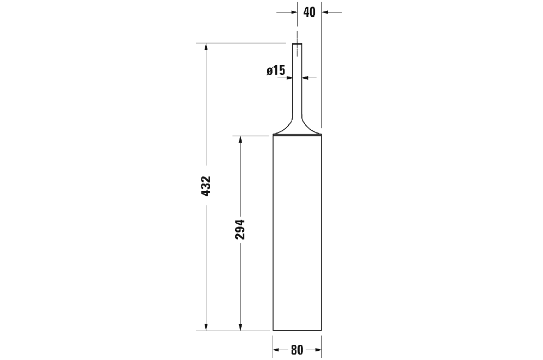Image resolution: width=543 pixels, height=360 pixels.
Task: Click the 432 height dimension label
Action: coord(206,186)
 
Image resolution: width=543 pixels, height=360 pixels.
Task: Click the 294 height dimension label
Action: coord(240,229)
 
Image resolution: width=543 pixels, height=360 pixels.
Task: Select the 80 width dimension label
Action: coord(297,350)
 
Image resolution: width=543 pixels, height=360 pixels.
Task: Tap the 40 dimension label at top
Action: coord(310,12)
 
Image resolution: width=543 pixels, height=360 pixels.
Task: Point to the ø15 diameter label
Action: coord(276,70)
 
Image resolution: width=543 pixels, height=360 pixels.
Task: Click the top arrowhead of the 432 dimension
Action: coord(206,47)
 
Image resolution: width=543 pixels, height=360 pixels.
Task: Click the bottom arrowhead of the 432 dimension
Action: coord(206,327)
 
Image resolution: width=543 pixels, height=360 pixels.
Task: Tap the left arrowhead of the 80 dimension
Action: coord(276,350)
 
